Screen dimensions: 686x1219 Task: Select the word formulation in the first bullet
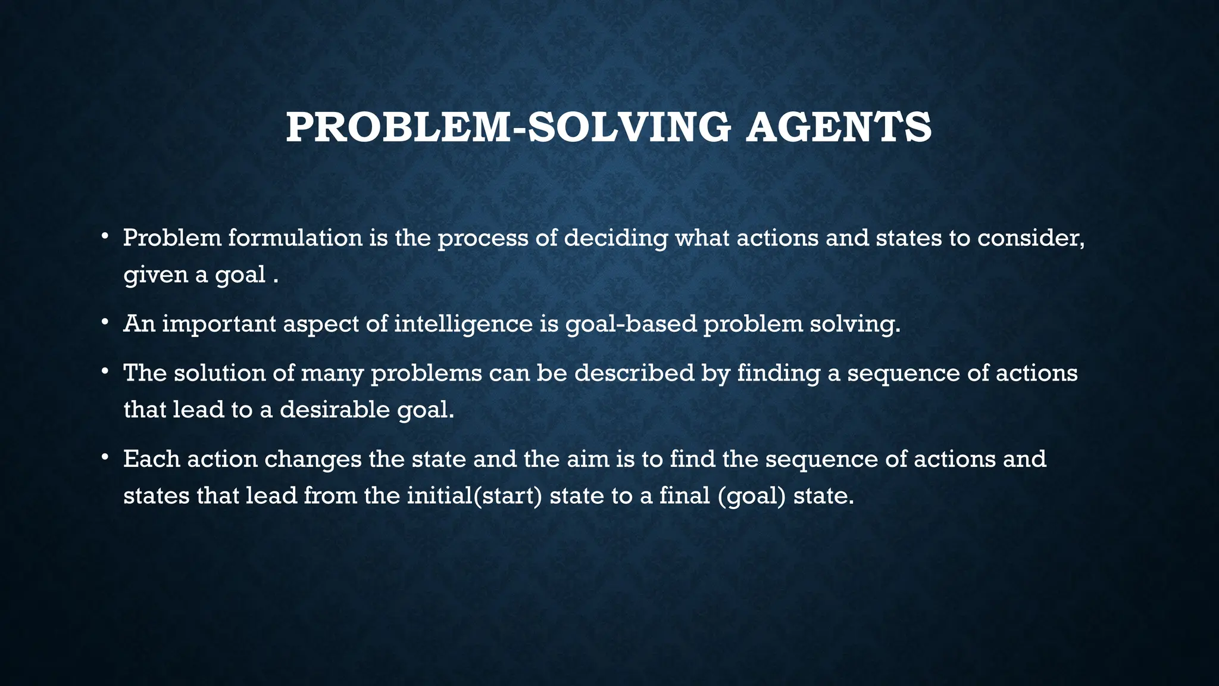coord(295,238)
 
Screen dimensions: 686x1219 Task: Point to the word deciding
coord(615,238)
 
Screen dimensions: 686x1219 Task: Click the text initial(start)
coord(474,496)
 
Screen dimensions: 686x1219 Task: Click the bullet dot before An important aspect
coord(104,322)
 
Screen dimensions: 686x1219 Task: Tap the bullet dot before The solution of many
coord(104,372)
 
